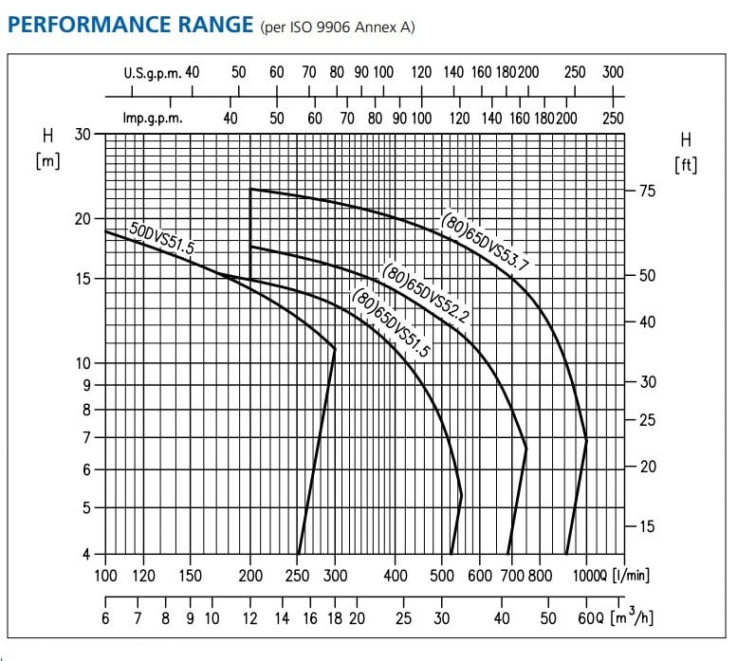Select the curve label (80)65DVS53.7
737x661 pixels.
[x=483, y=242]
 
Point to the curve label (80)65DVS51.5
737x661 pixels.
[x=391, y=322]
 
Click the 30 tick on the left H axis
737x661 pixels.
[x=83, y=135]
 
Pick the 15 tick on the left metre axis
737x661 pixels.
[x=83, y=279]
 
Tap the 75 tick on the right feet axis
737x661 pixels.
[x=648, y=191]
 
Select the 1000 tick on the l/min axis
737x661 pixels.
[x=586, y=576]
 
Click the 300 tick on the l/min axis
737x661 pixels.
[x=335, y=576]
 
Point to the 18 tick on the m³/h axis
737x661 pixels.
[x=335, y=618]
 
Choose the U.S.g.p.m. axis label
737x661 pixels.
[x=152, y=73]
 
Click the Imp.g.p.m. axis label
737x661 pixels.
[x=153, y=119]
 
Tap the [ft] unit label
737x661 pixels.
[x=685, y=165]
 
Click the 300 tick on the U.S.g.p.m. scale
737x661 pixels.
[x=613, y=73]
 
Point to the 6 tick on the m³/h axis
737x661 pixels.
[x=105, y=618]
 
